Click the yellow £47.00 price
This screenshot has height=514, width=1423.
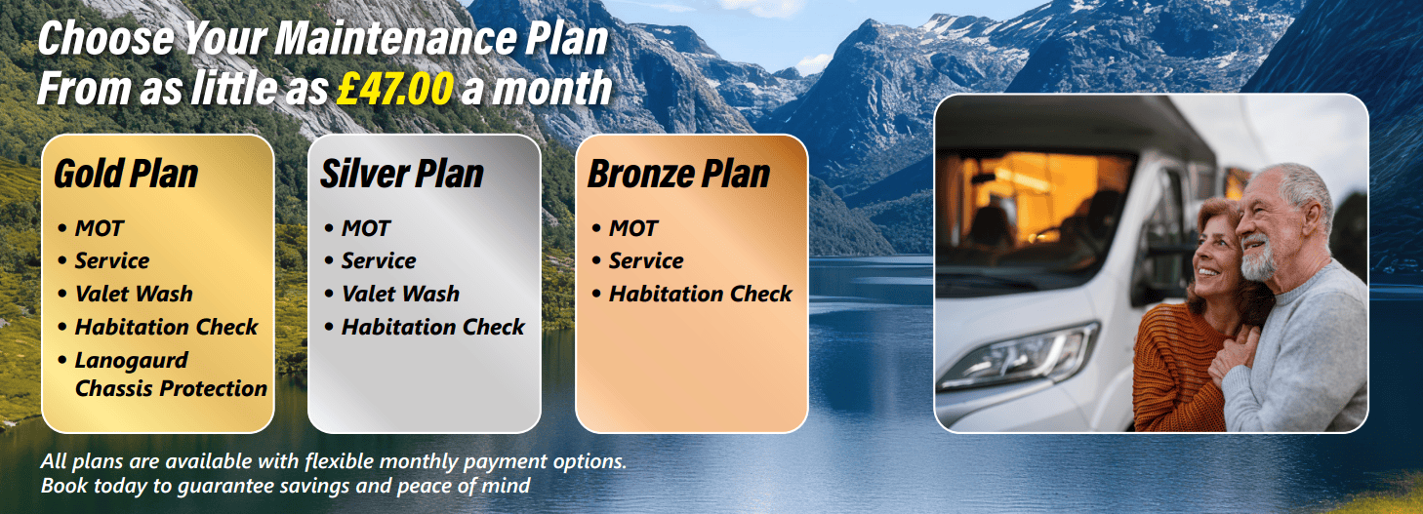(394, 88)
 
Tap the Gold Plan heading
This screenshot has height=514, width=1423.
(126, 175)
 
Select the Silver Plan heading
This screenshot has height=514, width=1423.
(402, 175)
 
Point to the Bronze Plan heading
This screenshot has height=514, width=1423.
(678, 175)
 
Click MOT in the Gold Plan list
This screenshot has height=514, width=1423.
(100, 228)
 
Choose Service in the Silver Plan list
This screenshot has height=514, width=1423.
(379, 261)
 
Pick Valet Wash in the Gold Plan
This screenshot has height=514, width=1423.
(134, 294)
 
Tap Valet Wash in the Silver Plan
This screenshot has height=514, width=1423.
(400, 294)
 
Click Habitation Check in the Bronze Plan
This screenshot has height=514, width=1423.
(701, 294)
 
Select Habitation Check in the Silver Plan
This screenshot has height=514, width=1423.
(433, 327)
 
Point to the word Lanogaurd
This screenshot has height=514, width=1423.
(132, 360)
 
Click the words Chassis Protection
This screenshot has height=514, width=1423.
(171, 388)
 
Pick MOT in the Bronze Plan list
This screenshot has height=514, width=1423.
(633, 228)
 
